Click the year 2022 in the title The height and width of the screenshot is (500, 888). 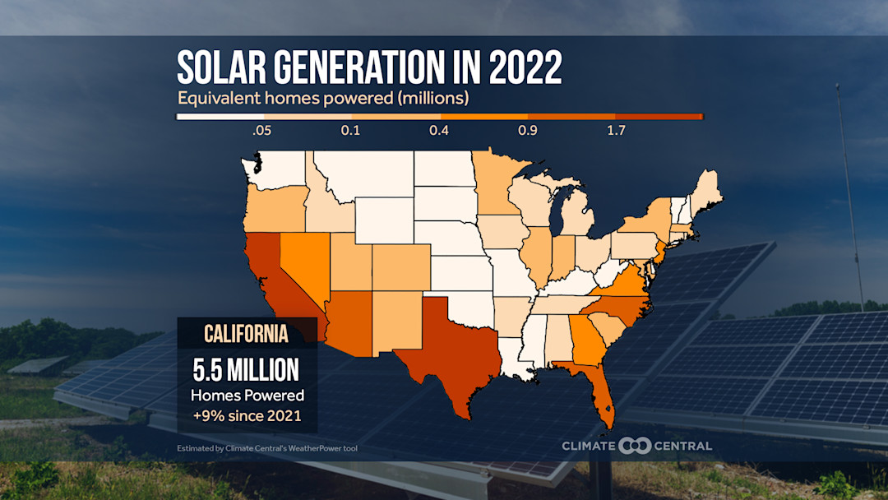[x=525, y=69]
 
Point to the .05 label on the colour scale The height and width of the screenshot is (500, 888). [x=261, y=131]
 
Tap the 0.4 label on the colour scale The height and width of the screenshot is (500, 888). [x=439, y=131]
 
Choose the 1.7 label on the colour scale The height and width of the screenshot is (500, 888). [x=616, y=131]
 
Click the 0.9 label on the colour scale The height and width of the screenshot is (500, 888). [x=527, y=131]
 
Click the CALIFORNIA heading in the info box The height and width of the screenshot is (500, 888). [x=247, y=334]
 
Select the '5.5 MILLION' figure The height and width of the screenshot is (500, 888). [x=247, y=370]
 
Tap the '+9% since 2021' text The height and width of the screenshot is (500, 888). [x=247, y=416]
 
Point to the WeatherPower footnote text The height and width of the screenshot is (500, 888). [x=267, y=448]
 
